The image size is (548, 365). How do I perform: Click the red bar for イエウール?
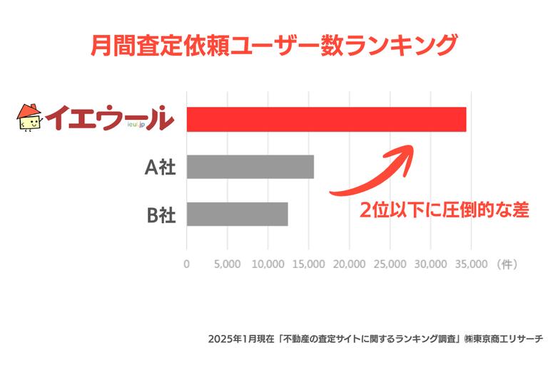[326, 119]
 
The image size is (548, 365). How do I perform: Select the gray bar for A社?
[250, 167]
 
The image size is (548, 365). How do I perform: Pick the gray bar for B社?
[237, 214]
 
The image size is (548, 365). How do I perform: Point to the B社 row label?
[161, 214]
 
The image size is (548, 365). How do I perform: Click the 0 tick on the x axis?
[187, 263]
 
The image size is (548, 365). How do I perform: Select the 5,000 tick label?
[227, 263]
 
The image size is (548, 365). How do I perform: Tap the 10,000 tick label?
[268, 263]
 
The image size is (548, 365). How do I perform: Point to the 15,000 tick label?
[308, 263]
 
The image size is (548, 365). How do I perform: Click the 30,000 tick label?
[431, 263]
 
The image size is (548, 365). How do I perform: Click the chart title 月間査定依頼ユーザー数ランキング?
[273, 44]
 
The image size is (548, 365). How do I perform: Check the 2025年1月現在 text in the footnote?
[233, 337]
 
